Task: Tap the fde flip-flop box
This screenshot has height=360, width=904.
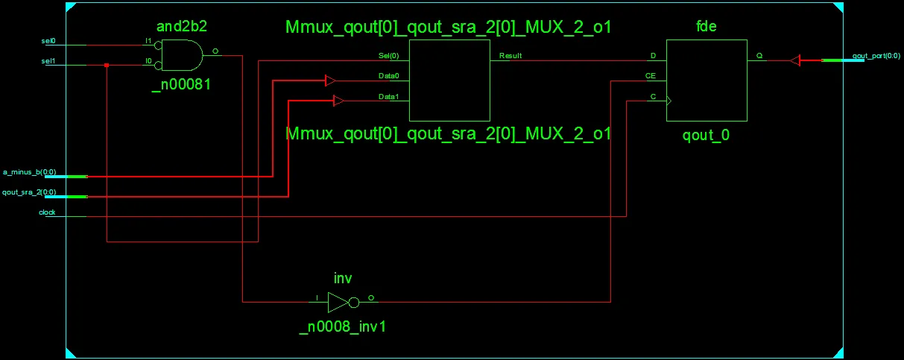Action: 707,80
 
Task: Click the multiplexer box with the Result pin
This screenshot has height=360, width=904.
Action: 449,80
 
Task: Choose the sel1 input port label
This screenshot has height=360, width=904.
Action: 48,61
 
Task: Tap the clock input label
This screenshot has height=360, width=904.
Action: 48,212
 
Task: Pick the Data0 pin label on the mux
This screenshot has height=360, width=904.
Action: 389,76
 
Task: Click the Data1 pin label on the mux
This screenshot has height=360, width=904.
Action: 389,97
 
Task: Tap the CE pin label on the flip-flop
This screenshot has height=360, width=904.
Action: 651,76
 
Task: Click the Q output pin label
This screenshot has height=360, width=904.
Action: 759,56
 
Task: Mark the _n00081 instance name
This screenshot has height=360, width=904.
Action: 181,84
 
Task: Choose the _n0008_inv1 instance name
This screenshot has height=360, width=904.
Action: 343,326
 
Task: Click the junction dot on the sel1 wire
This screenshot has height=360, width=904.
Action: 107,66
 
